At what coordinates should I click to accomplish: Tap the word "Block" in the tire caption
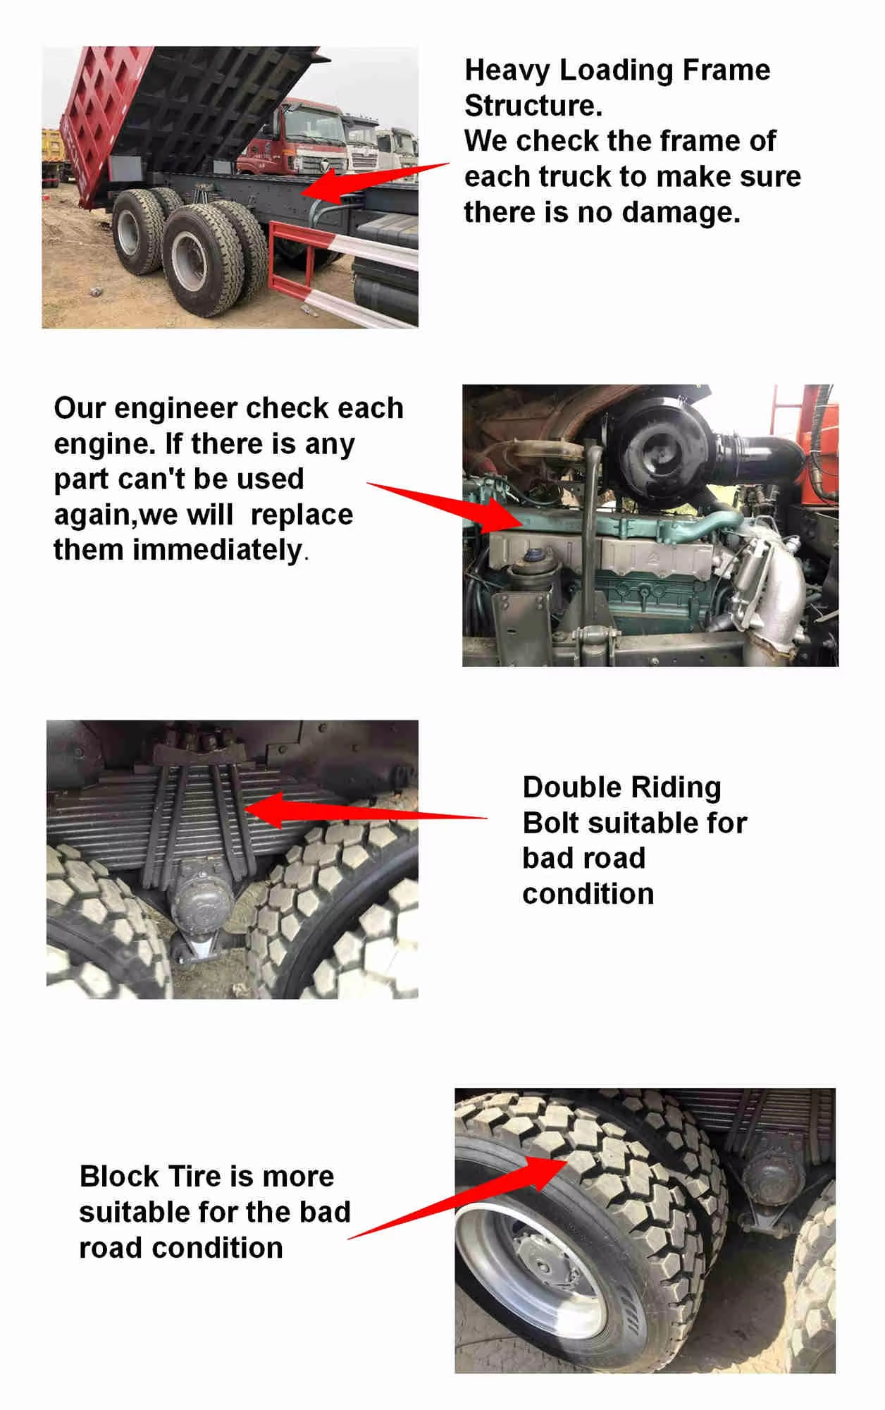pos(119,1177)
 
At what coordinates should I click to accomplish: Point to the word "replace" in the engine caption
pos(302,515)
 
